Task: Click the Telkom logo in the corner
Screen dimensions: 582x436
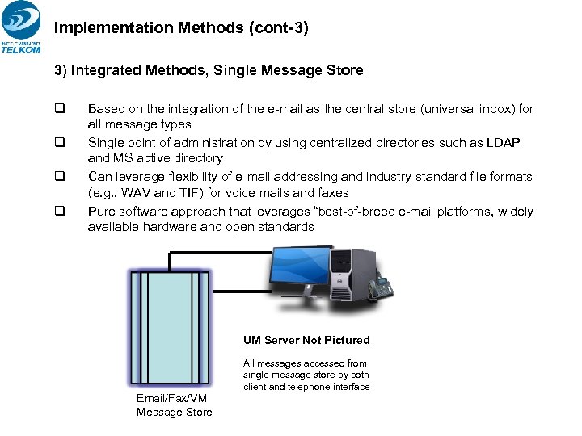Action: [21, 28]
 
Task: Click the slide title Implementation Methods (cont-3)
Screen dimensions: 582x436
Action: [181, 27]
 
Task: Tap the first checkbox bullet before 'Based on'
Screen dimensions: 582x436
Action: [59, 108]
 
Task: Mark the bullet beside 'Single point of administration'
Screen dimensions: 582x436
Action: [59, 142]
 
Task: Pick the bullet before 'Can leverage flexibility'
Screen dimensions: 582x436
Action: [59, 176]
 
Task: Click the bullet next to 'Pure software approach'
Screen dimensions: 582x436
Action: [59, 211]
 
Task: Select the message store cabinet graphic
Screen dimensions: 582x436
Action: [170, 328]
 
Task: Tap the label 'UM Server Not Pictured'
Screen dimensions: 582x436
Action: [306, 340]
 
